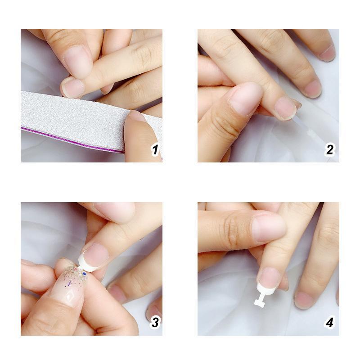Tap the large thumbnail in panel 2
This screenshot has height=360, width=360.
246,97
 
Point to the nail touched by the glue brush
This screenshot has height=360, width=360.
286,108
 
